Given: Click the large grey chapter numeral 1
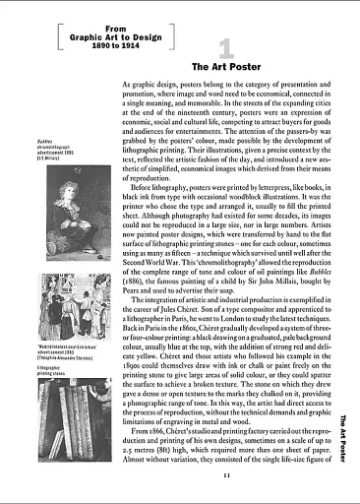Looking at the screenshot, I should pos(225,46).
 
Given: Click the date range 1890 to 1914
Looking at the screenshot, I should pos(101,45).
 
